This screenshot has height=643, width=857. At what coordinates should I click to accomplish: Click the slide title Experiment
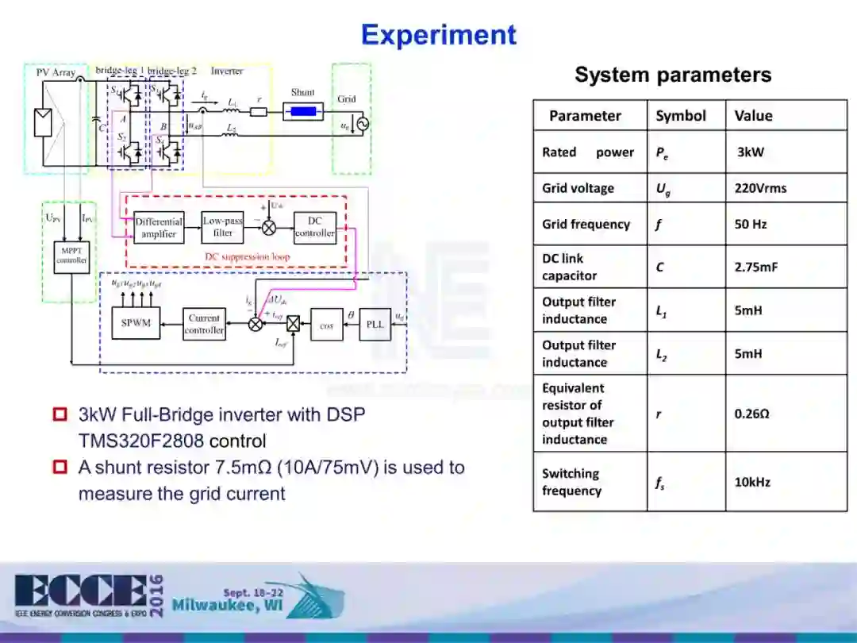point(438,35)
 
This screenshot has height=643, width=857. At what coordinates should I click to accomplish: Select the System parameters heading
point(673,75)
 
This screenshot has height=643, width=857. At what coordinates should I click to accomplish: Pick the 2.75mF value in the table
point(756,267)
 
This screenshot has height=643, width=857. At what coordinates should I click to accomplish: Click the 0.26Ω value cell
point(751,414)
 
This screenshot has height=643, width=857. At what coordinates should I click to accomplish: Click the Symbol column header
point(680,116)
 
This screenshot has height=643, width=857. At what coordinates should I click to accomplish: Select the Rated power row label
point(588,152)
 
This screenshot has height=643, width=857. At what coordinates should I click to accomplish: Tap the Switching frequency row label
point(571,482)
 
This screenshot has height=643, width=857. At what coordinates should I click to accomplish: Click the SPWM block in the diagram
point(136,323)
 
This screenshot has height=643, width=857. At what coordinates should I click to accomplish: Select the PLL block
point(375,324)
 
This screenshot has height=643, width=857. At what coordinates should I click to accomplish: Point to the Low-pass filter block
point(223,227)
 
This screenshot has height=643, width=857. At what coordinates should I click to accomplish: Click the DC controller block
point(315,227)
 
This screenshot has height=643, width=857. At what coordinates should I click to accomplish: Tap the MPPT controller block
point(71,255)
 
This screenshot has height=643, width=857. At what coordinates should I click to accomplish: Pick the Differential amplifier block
point(159,228)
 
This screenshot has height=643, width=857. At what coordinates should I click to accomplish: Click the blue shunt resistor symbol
point(302,111)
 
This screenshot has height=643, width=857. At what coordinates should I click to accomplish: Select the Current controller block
point(204,324)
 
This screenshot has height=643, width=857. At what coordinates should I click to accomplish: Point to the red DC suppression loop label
point(248,257)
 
